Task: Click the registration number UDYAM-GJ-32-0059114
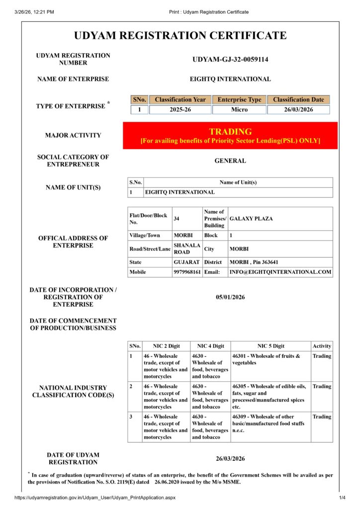click(230, 60)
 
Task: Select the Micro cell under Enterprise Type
click(239, 109)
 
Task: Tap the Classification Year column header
click(180, 99)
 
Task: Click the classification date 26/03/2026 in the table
click(298, 109)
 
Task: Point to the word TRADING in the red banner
click(230, 132)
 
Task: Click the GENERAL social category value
click(230, 161)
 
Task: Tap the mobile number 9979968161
click(187, 272)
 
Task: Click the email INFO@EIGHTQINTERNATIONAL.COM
click(280, 272)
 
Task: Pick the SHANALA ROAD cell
click(187, 249)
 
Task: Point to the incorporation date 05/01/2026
click(230, 297)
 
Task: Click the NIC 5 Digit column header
click(270, 346)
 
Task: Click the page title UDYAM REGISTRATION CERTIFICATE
click(180, 36)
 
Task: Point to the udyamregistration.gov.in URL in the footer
click(95, 498)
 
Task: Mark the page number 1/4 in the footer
click(342, 498)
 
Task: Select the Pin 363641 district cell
click(254, 262)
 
